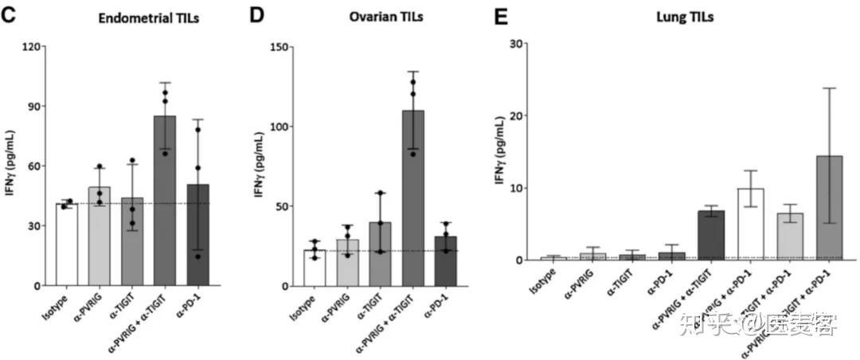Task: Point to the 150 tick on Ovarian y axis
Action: tap(279, 46)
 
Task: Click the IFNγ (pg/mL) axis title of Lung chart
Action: tap(499, 151)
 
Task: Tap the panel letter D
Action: tap(256, 14)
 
